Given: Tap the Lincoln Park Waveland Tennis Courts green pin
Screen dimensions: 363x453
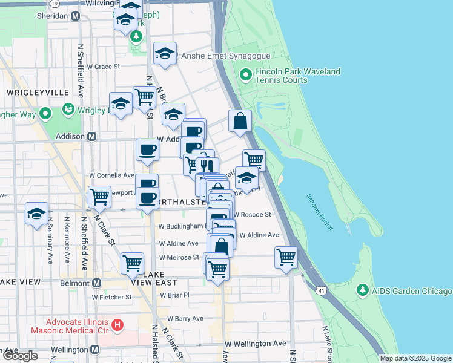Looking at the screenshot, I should tap(245, 76).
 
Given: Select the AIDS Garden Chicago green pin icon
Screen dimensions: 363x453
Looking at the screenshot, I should tap(363, 290).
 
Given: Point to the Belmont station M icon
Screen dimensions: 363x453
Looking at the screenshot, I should tap(96, 283).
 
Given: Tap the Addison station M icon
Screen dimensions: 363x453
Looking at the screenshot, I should tap(91, 136).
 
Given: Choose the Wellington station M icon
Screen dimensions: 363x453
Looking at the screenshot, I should tap(95, 350).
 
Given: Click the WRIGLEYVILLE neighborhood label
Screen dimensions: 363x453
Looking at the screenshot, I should tap(37, 92).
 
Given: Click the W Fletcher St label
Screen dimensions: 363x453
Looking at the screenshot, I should tap(111, 297).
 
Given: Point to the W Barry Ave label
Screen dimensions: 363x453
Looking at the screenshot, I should tap(185, 318).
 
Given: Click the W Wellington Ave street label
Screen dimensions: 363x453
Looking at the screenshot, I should tap(256, 344).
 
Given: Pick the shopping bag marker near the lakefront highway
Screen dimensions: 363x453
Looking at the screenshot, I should tap(240, 121).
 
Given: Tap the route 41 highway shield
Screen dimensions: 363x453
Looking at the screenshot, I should tap(319, 291).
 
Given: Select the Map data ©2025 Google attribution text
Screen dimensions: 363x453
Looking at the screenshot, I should tap(415, 358).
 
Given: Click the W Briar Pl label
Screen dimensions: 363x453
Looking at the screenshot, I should tap(174, 295).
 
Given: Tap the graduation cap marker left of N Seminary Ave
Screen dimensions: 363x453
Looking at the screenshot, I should tap(37, 214).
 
